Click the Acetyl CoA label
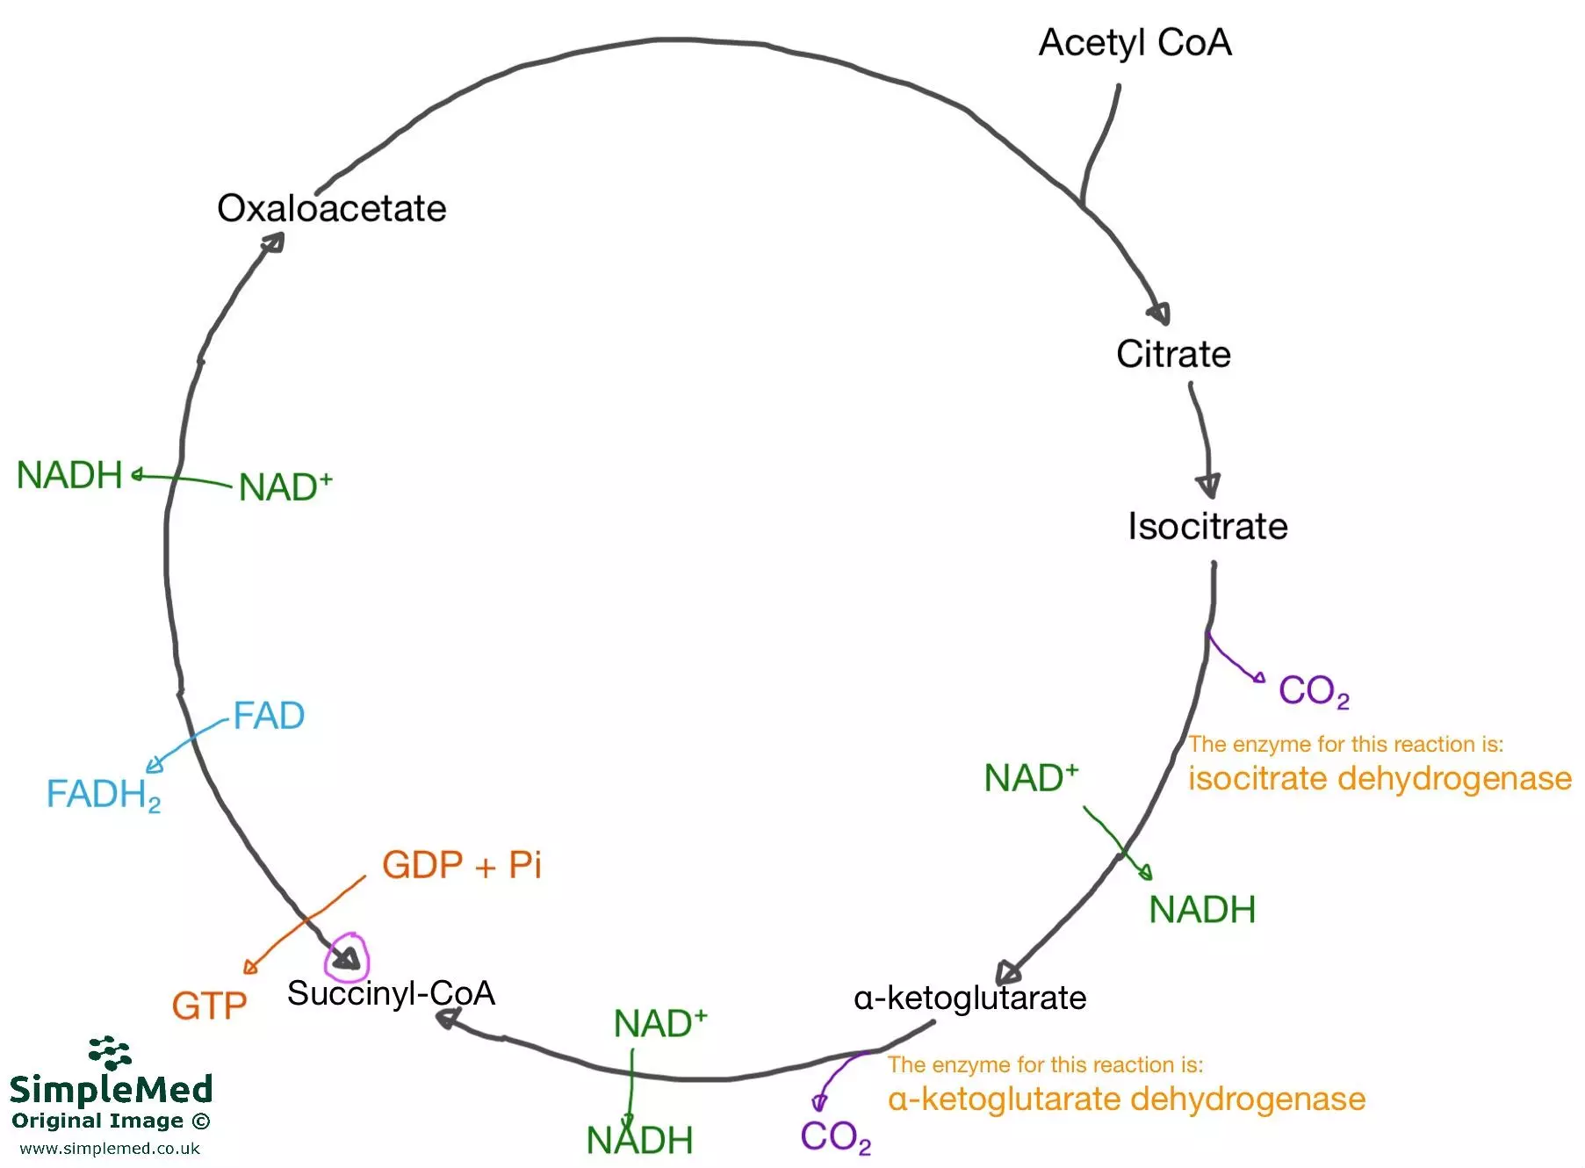[1135, 43]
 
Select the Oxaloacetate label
[331, 209]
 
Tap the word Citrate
[1173, 355]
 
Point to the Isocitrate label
[1207, 527]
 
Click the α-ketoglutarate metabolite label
[969, 999]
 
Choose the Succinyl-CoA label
[391, 994]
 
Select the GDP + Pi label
[462, 866]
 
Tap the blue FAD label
[269, 717]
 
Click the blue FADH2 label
[104, 795]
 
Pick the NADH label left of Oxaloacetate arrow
[69, 476]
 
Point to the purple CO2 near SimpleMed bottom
[835, 1137]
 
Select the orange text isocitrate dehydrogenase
[1380, 779]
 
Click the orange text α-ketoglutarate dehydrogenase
[1127, 1100]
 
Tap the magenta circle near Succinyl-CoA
[347, 957]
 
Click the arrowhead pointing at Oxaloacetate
[274, 242]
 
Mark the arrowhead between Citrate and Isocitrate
[1208, 485]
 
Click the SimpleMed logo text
[112, 1090]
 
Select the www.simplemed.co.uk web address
[110, 1149]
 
